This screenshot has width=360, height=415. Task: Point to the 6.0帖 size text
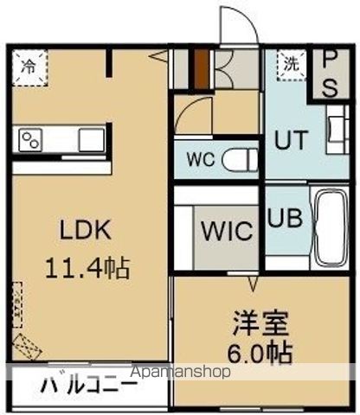tap(255, 353)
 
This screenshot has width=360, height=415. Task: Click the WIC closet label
tap(227, 232)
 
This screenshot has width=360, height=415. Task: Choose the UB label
tap(284, 218)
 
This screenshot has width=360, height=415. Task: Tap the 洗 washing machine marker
tap(292, 63)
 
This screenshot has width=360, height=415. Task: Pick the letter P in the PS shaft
tap(331, 58)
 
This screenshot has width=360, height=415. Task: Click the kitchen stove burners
tap(33, 139)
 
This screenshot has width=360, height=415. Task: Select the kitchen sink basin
tap(90, 139)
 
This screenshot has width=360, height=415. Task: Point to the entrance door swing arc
tap(234, 23)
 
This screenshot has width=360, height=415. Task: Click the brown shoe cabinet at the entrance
tap(199, 69)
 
